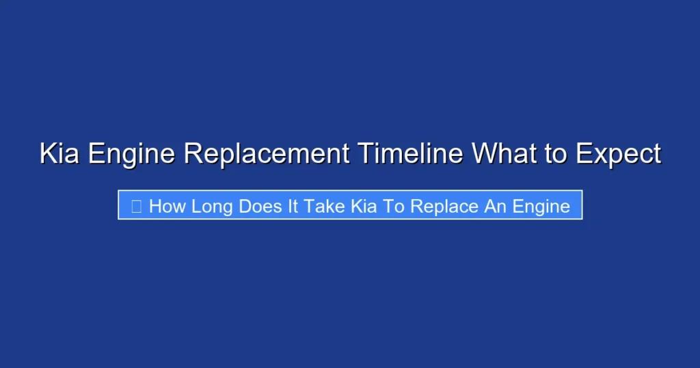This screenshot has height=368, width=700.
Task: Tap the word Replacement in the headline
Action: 267,154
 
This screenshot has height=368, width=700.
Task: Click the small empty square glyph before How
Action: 136,206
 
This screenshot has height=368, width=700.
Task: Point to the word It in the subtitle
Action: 293,206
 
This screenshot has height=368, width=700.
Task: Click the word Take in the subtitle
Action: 325,206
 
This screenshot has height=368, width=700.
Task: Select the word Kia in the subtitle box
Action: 364,206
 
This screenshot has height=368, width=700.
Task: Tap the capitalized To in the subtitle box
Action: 394,206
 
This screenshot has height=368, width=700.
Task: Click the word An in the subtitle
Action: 494,206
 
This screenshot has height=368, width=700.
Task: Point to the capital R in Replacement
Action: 191,154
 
